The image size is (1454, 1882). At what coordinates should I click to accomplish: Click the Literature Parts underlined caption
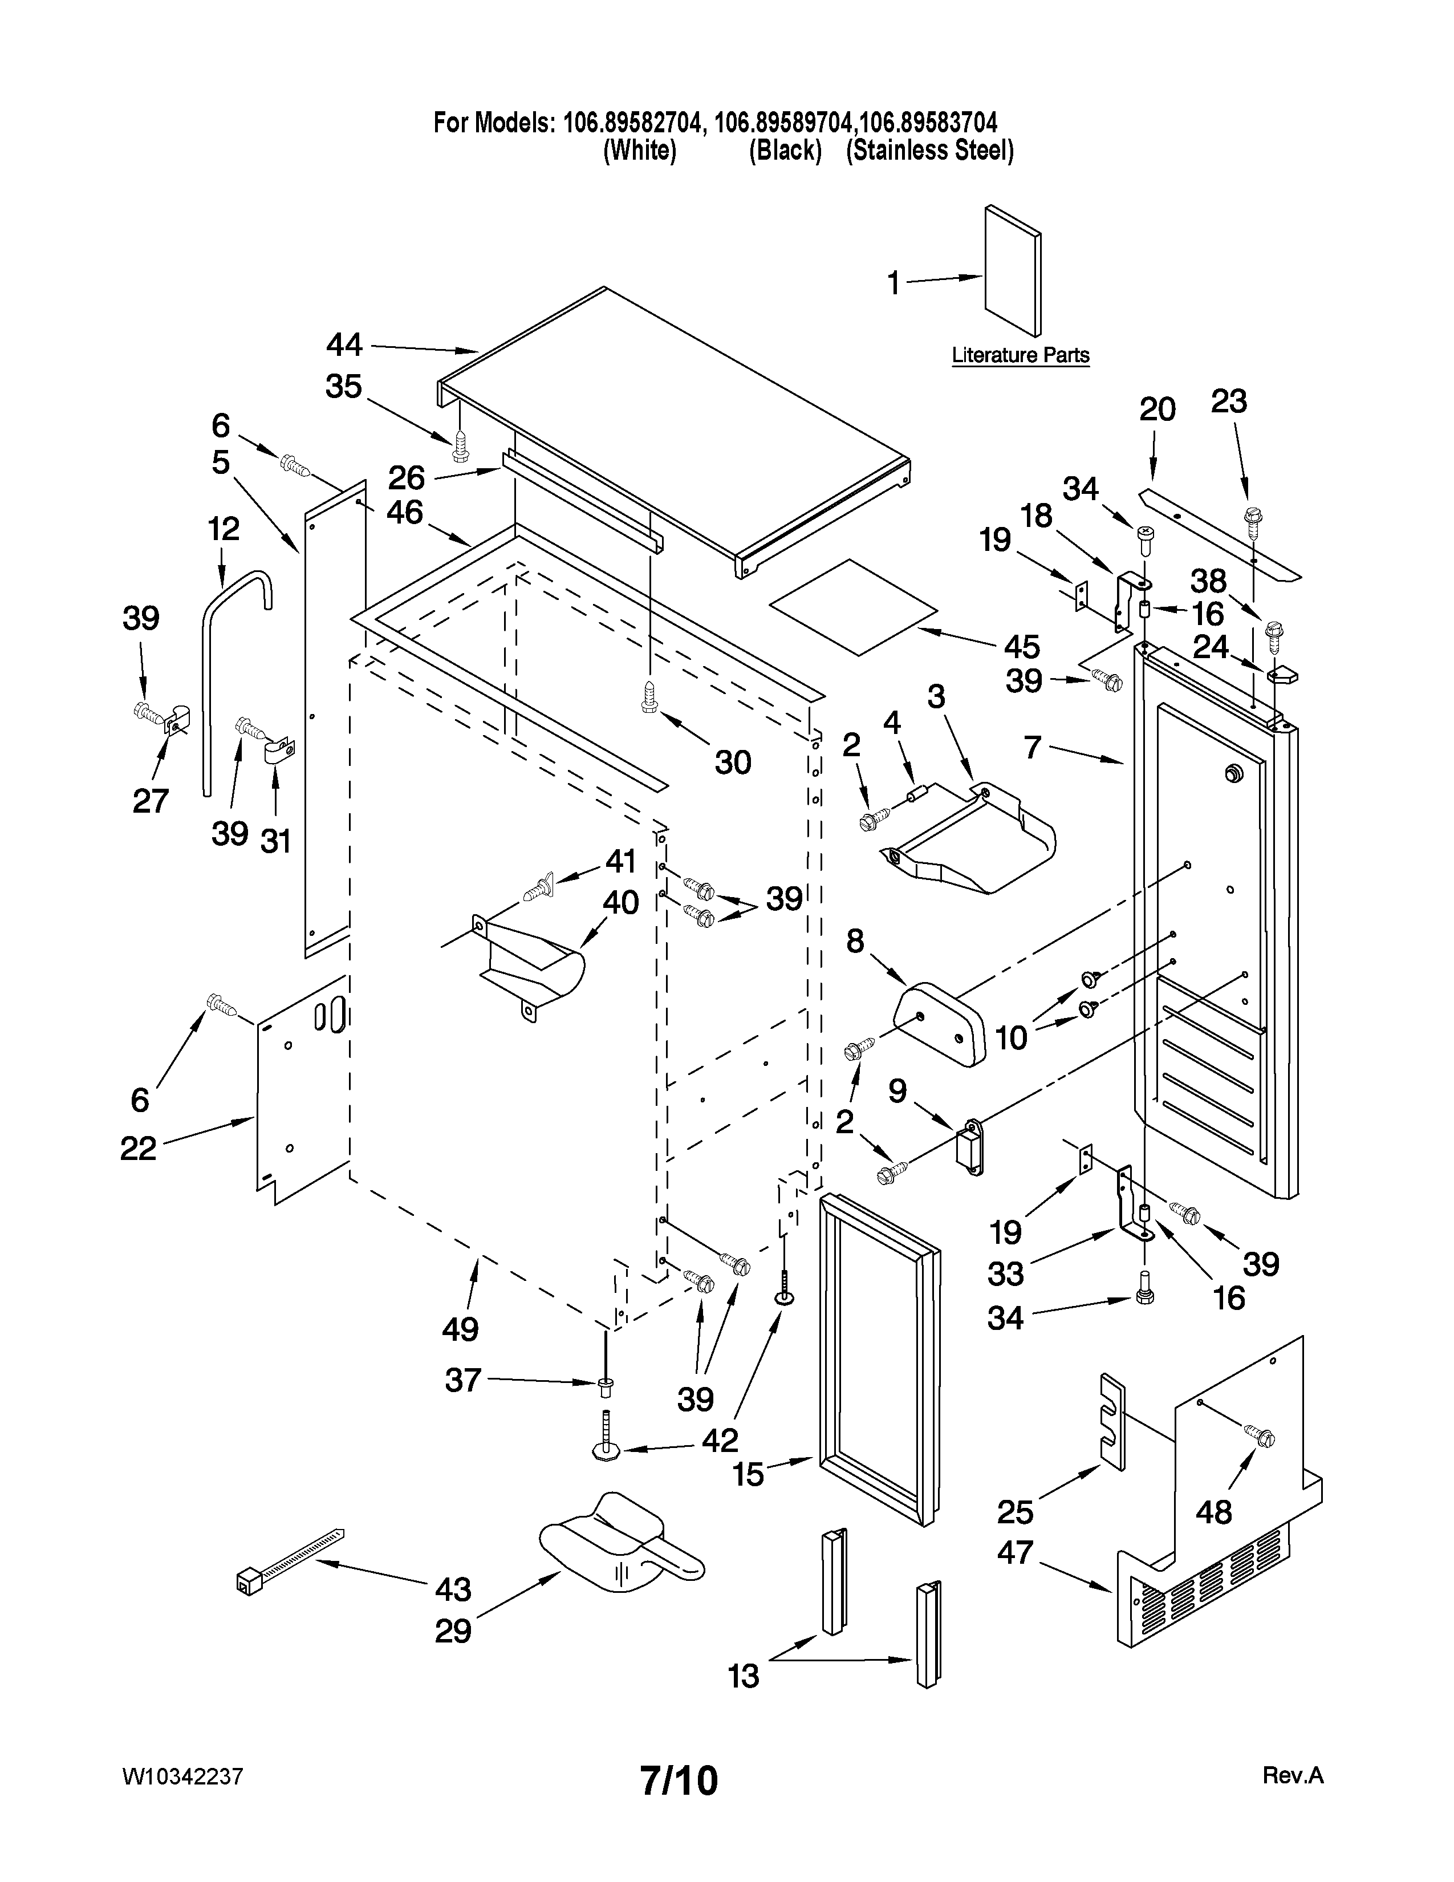[1020, 355]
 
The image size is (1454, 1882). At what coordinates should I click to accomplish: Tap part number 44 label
[344, 344]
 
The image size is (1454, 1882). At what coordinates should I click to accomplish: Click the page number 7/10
[679, 1780]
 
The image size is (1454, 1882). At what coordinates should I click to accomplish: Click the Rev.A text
[1292, 1776]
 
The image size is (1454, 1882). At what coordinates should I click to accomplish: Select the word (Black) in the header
[785, 151]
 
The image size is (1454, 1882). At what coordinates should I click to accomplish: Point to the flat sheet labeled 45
[853, 605]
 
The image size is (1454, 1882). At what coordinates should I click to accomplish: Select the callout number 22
[138, 1148]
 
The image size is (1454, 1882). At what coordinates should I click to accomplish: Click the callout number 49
[460, 1329]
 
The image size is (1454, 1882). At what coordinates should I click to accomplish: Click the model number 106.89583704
[928, 123]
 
